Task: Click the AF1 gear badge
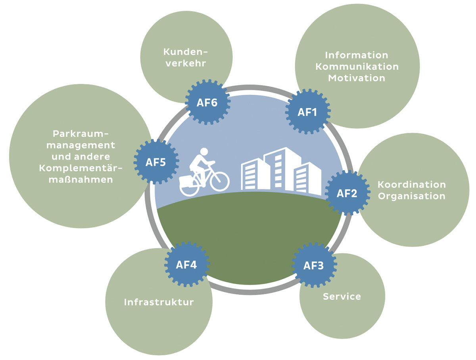point(307,112)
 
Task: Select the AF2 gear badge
point(347,193)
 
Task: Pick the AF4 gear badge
point(186,264)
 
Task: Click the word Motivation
point(357,78)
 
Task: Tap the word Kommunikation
point(357,66)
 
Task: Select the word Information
point(357,55)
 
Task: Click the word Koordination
point(411,185)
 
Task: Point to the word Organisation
point(411,196)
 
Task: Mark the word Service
point(342,296)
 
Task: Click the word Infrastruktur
point(159,302)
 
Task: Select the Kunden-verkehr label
point(186,58)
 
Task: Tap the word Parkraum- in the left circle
point(80,133)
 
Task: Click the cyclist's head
point(204,152)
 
